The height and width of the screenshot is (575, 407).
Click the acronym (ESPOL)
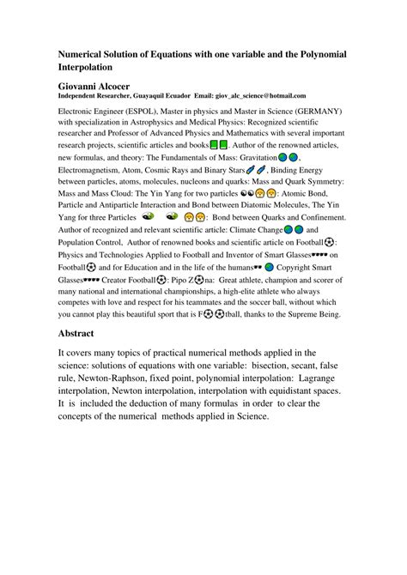click(145, 112)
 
